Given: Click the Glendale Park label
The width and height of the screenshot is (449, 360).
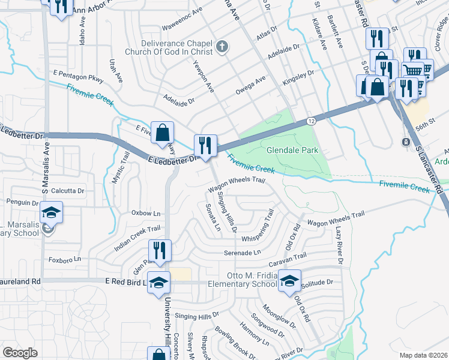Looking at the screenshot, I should pyautogui.click(x=292, y=151).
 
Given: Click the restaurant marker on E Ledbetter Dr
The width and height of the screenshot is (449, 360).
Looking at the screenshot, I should pyautogui.click(x=205, y=146).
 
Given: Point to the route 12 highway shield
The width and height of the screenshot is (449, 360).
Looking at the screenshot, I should pyautogui.click(x=311, y=121).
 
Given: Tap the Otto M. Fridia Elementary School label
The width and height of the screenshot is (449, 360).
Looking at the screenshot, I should pyautogui.click(x=242, y=280).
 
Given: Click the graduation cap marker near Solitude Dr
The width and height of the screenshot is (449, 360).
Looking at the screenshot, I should pyautogui.click(x=290, y=281).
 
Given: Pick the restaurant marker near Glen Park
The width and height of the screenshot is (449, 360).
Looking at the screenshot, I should pyautogui.click(x=159, y=250).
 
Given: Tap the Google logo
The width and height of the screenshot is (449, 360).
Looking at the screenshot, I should pyautogui.click(x=20, y=353).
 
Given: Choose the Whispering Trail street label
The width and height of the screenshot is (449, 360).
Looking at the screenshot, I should pyautogui.click(x=258, y=229).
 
